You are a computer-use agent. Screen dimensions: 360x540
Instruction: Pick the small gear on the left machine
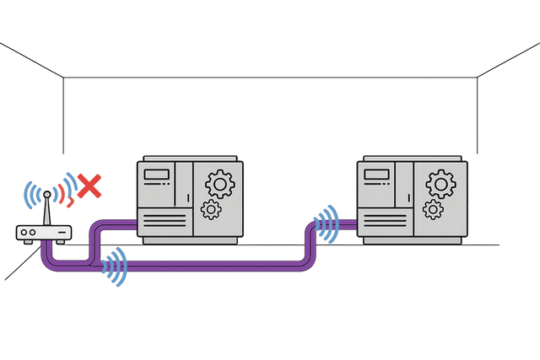(x=211, y=208)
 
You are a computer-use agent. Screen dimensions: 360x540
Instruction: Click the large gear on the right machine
(x=440, y=181)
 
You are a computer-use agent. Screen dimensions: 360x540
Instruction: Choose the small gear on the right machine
(x=434, y=209)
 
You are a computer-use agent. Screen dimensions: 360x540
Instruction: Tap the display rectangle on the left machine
(x=155, y=175)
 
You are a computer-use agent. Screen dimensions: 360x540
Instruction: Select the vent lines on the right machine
(x=381, y=221)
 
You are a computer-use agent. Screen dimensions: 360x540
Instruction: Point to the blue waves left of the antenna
(x=31, y=196)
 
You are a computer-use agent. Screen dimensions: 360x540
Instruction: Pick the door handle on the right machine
(x=407, y=199)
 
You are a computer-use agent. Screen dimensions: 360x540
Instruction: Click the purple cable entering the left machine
(x=118, y=223)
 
